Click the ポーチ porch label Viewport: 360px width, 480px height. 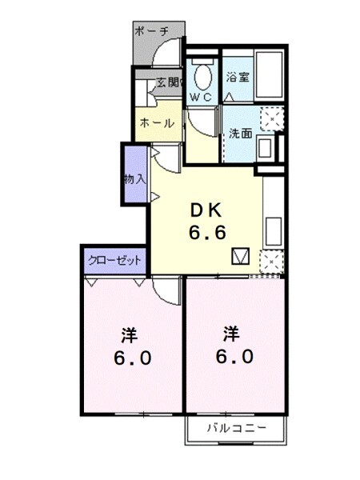151,31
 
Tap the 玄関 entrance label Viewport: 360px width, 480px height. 169,82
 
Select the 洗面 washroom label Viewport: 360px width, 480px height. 240,133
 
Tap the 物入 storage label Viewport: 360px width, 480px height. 134,178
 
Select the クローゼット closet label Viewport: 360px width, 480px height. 115,261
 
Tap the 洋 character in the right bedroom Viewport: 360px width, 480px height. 231,332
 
